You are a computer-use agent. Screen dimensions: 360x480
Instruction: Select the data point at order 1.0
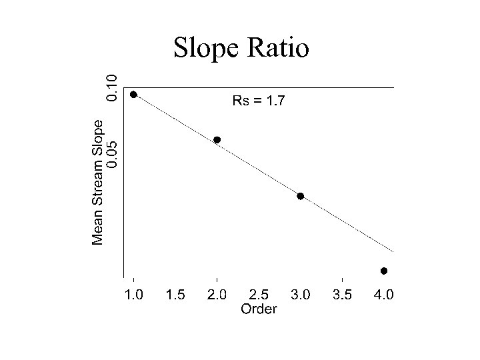(134, 95)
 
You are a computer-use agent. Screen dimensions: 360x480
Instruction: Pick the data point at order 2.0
(217, 140)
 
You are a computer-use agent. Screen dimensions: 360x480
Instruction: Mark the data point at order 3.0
(301, 196)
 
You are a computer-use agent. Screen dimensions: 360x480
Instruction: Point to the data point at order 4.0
(384, 271)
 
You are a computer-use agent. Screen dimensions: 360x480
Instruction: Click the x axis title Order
(259, 309)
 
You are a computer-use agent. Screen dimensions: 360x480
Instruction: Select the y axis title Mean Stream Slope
(98, 181)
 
